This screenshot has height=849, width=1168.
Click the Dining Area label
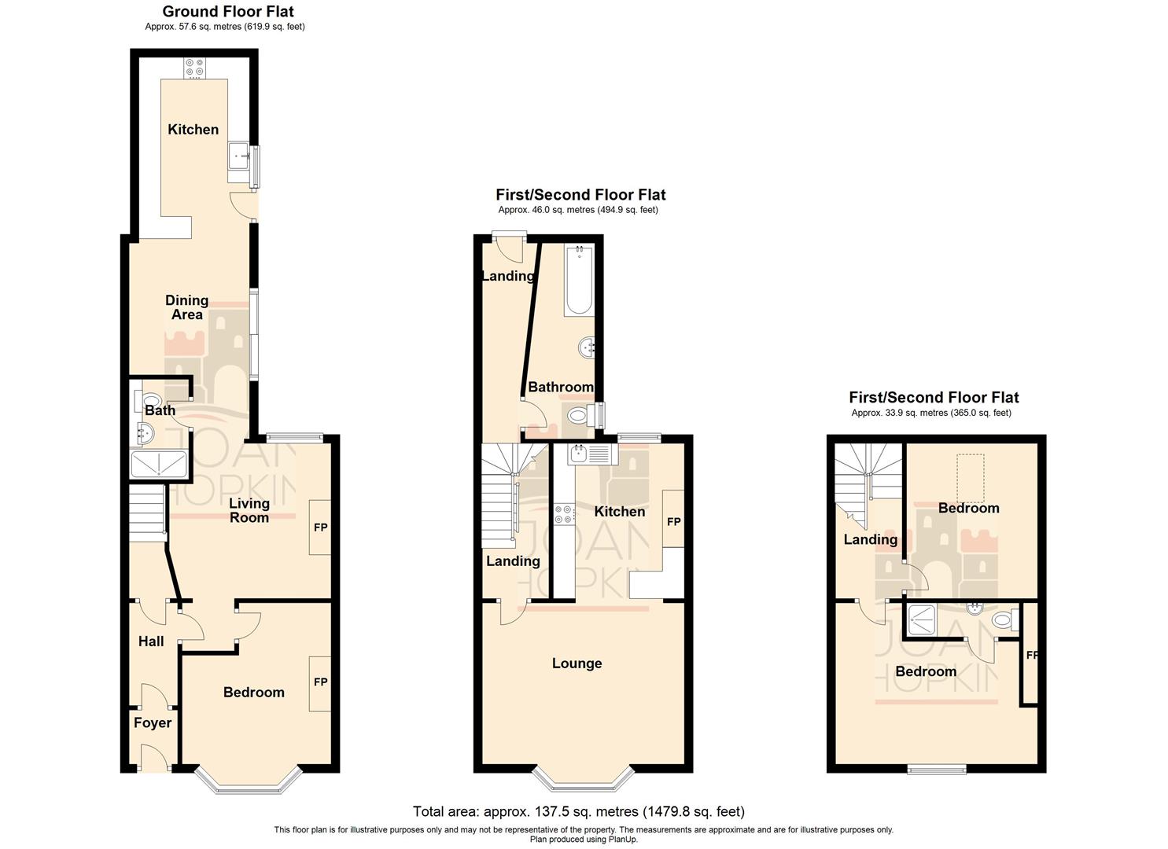coord(186,307)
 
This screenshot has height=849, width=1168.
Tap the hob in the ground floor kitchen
coord(193,68)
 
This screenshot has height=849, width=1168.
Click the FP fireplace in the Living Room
coord(320,527)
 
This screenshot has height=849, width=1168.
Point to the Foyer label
coord(152,723)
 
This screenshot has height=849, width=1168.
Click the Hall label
coord(151,641)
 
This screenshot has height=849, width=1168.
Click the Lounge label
coord(577,663)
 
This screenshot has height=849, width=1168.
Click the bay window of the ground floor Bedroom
coord(248,780)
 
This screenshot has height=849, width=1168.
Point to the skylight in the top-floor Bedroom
coord(970,478)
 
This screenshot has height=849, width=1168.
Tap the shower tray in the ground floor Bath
coord(160,465)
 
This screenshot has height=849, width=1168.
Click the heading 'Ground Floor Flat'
coord(228,11)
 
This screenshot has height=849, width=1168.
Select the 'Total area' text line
coord(578,811)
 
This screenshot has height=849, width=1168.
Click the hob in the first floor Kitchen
coord(564,514)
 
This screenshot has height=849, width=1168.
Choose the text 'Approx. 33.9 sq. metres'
coord(931,413)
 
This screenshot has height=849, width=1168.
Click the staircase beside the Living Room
coord(146,513)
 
